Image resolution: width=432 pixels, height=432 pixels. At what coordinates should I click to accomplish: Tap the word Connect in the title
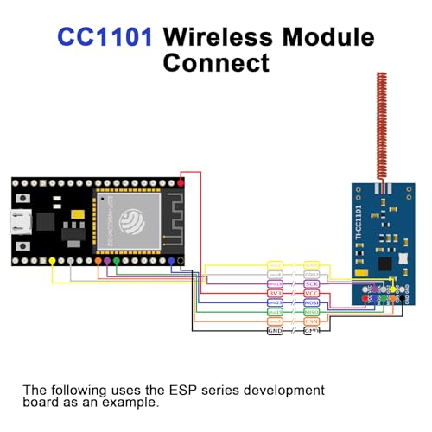[216, 63]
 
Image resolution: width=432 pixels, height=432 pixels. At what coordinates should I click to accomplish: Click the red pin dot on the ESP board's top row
[181, 182]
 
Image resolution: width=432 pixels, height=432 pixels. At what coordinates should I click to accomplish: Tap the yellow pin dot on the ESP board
[54, 260]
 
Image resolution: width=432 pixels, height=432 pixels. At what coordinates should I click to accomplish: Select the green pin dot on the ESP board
[117, 260]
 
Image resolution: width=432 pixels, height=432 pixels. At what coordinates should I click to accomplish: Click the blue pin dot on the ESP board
[171, 260]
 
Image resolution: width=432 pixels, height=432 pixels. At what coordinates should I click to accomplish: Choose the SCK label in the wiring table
[312, 283]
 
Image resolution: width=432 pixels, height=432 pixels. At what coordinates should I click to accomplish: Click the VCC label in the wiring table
[312, 293]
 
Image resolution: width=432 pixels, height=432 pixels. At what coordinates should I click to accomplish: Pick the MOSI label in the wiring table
[312, 302]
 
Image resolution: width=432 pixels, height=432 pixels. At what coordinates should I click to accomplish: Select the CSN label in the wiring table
[312, 321]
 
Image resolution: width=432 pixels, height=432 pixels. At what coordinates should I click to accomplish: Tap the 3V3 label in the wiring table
[275, 293]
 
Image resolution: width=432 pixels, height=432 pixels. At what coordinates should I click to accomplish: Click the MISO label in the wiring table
[312, 312]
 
